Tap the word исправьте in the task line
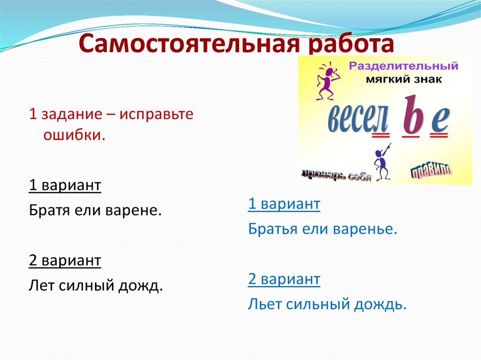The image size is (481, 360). point(156,115)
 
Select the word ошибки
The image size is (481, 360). point(73,135)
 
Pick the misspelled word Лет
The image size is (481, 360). point(41,285)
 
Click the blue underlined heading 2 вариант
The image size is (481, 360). point(284,279)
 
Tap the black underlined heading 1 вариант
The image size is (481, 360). point(65,185)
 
